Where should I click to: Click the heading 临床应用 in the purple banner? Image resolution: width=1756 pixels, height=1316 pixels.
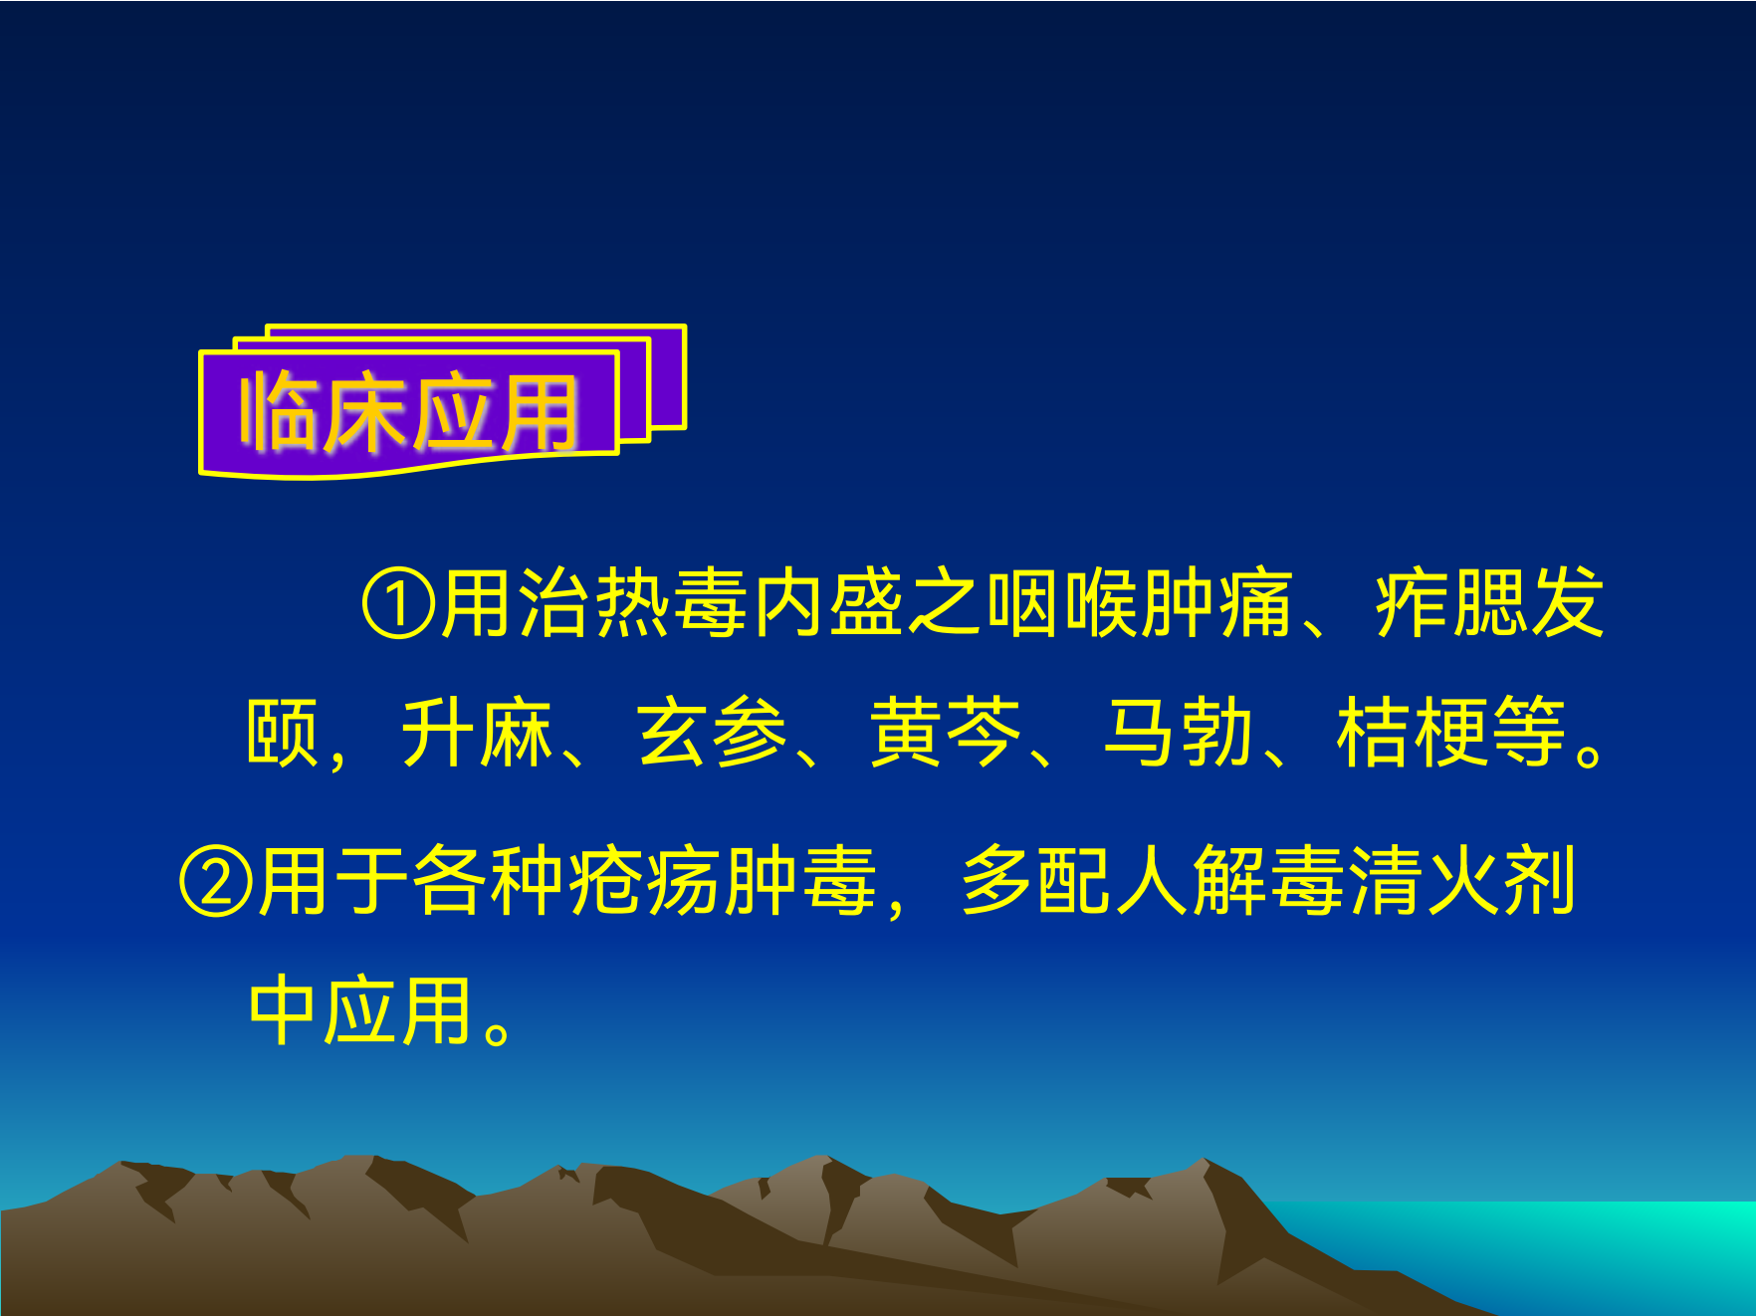point(408,412)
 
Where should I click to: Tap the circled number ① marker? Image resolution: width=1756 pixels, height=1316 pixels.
point(398,604)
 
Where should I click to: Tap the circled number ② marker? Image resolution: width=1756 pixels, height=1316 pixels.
point(217,882)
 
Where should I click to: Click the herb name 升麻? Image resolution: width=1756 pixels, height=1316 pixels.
point(477,733)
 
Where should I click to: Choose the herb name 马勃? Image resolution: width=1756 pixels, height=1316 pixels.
point(1179,733)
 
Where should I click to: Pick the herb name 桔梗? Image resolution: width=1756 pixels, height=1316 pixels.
point(1413,733)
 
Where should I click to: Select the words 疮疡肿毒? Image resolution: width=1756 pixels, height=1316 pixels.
point(723,882)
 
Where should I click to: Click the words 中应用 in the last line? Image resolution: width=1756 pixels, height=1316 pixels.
point(360,1011)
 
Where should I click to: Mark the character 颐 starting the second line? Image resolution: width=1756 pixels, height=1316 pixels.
point(283,733)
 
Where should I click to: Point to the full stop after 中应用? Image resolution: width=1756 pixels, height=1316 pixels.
point(497,1031)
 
